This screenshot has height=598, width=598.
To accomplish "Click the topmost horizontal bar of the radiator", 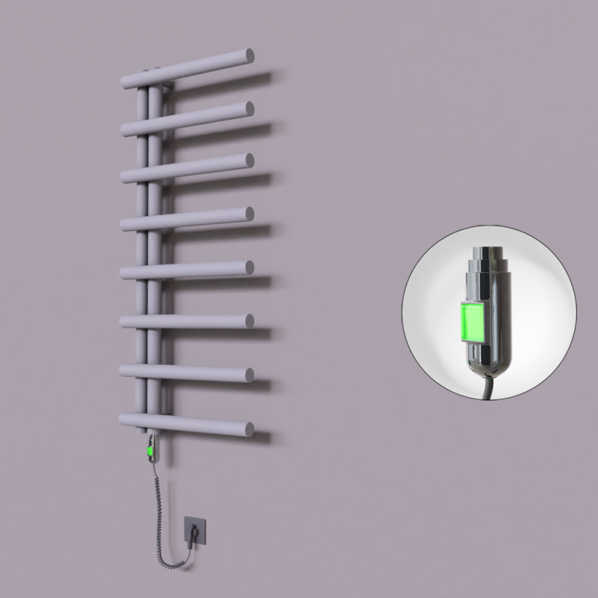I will click(194, 67).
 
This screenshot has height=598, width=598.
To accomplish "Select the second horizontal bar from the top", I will click(194, 119).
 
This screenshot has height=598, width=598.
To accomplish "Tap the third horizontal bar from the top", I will click(194, 168).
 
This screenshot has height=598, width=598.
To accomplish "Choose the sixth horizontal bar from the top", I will click(194, 321).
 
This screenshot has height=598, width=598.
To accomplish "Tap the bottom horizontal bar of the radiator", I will click(194, 423).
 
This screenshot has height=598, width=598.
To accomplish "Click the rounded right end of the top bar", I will click(247, 55).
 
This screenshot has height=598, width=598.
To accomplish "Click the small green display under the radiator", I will click(152, 451).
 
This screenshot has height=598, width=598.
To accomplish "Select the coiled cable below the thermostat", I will click(160, 508).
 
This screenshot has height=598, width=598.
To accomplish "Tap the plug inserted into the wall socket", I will click(194, 533).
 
